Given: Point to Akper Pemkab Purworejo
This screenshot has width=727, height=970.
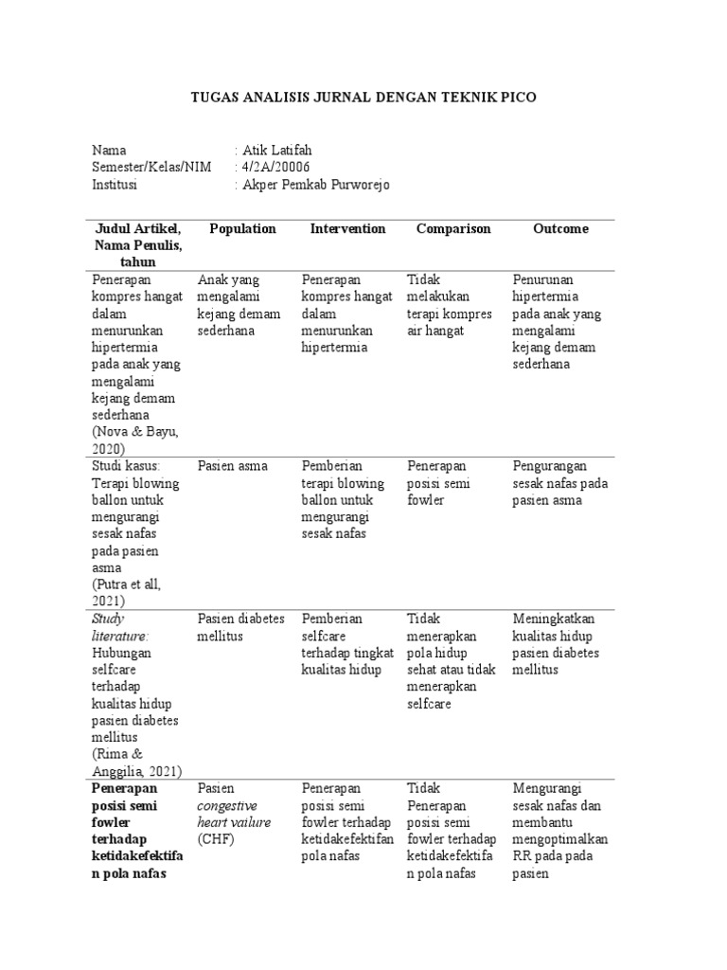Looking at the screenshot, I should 316,185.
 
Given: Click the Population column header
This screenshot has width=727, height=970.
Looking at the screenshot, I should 242,228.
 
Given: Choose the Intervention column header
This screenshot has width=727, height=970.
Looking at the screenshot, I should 347,228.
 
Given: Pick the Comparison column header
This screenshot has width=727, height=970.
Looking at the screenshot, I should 453,228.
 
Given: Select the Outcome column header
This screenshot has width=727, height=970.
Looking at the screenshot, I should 560,228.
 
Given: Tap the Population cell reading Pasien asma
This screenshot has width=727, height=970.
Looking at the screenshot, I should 233,466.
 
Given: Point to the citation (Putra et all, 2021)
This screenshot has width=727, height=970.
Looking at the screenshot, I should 127,593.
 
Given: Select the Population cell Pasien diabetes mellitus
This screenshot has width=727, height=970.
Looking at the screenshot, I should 240,627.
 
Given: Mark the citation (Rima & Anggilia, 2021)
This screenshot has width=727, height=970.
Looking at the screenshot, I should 136,763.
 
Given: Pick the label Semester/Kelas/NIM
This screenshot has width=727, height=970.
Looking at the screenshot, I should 151,168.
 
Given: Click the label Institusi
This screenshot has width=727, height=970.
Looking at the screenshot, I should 115,185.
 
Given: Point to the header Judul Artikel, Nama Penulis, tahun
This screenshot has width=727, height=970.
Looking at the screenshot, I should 137,245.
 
